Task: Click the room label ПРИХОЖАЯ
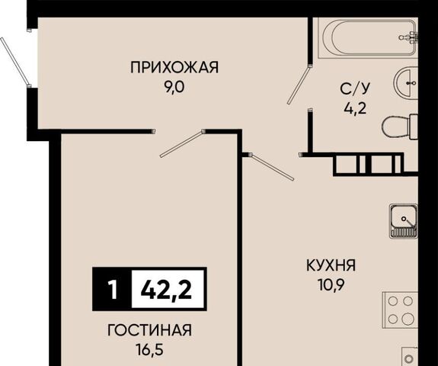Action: coord(174,67)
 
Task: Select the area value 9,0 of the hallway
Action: coord(174,88)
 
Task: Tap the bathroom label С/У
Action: coord(355,88)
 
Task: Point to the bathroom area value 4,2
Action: coord(355,109)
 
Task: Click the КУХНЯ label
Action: coord(331,265)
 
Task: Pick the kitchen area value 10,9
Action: coord(331,285)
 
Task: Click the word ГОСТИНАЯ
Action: coord(149,330)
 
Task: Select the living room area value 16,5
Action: coord(149,350)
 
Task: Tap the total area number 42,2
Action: coord(167,289)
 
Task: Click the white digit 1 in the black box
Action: coord(113,290)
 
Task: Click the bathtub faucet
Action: coord(410,38)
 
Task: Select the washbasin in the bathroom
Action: coord(406,83)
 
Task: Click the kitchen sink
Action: coord(404,221)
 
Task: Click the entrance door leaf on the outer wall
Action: coord(15,62)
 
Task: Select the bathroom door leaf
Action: coord(299,85)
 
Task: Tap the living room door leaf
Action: coord(181,144)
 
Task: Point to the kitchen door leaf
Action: coord(272,167)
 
